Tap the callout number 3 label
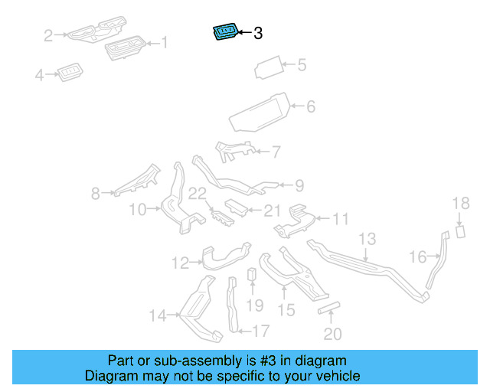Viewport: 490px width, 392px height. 258,34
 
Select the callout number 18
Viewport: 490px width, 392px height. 460,204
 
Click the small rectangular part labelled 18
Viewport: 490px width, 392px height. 461,232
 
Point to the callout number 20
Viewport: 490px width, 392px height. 333,333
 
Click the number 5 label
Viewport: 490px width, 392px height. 301,66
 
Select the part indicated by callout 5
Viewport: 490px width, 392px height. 269,67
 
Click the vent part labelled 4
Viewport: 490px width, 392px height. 70,73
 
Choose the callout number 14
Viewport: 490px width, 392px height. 157,315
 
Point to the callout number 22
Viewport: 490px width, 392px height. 198,194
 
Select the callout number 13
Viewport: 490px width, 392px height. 367,240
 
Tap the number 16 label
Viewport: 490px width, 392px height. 417,257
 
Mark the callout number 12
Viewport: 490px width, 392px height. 180,263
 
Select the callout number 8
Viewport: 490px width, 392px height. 96,194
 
